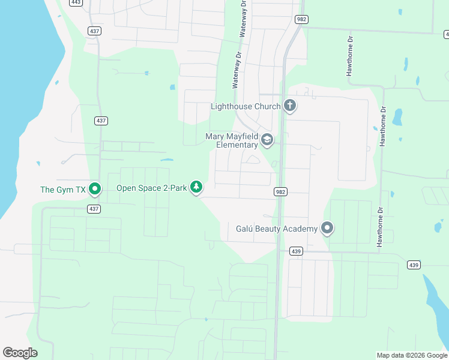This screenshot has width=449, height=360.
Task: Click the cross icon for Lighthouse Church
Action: click(x=290, y=106)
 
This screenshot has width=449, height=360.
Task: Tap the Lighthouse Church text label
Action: click(x=246, y=107)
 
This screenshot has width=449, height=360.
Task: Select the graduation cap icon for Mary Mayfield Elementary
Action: click(x=267, y=141)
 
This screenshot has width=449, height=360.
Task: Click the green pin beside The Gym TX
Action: click(x=95, y=189)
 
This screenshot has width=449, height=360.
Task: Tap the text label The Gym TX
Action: click(x=63, y=190)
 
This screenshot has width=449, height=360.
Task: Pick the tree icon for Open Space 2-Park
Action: click(x=196, y=188)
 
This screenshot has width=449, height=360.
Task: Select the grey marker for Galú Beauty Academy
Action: click(x=327, y=229)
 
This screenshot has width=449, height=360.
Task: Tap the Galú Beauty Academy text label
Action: click(x=276, y=229)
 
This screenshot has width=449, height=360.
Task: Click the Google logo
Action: click(x=20, y=353)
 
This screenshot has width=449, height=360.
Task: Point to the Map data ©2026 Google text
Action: click(x=412, y=355)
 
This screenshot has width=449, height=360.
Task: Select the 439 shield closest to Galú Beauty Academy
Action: click(x=295, y=251)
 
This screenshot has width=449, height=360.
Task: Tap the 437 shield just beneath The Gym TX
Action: click(x=93, y=209)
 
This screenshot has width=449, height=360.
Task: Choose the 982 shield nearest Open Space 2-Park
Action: click(x=280, y=192)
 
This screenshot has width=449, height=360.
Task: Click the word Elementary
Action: click(x=237, y=145)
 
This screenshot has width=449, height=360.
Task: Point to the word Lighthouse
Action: click(x=232, y=107)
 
